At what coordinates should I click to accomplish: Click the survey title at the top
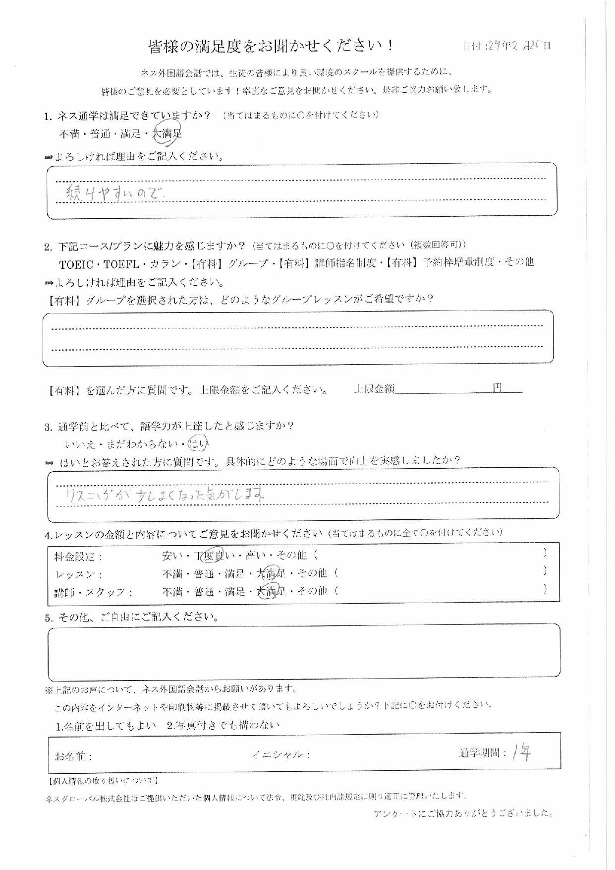[x=271, y=47]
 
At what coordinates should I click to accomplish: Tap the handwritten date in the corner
[x=506, y=46]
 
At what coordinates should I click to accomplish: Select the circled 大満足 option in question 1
[x=168, y=133]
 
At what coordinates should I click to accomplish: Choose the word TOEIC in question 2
[x=76, y=263]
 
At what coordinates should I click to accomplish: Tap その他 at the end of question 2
[x=519, y=262]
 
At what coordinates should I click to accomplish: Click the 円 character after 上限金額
[x=497, y=388]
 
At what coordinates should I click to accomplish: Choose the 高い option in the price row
[x=256, y=556]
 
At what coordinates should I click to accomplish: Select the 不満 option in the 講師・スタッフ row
[x=172, y=591]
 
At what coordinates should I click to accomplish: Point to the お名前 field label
[x=73, y=756]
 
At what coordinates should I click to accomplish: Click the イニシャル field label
[x=281, y=755]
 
